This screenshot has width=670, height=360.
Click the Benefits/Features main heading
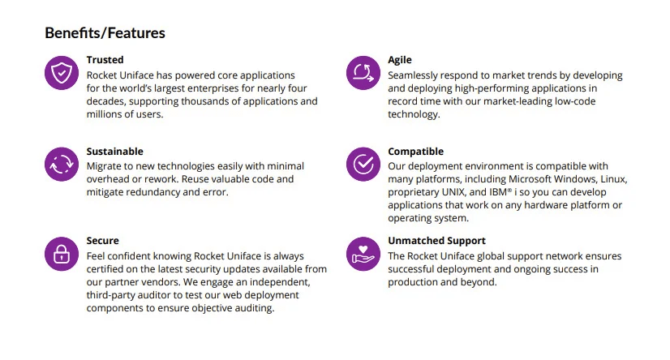[105, 33]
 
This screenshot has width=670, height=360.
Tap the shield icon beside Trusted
[62, 73]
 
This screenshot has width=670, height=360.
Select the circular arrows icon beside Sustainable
[62, 164]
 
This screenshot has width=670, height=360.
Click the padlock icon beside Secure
[62, 254]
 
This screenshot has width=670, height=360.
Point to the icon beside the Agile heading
[363, 73]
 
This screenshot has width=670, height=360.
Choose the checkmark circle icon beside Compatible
[363, 164]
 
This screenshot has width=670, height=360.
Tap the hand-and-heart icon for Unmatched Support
[363, 254]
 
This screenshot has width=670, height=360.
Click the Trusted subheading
[105, 60]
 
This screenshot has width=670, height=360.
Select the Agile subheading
[400, 60]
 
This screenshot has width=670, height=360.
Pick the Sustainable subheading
[115, 151]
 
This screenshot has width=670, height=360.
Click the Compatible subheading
[416, 152]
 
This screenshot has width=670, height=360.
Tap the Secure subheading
[102, 241]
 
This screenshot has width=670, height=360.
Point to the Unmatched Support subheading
[436, 241]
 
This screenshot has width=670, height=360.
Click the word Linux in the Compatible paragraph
[613, 179]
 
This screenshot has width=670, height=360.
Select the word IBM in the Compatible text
[498, 192]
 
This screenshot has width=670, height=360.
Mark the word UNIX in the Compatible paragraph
[453, 192]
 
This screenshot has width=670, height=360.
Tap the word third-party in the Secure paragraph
[109, 295]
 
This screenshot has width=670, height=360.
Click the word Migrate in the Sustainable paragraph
[103, 166]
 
